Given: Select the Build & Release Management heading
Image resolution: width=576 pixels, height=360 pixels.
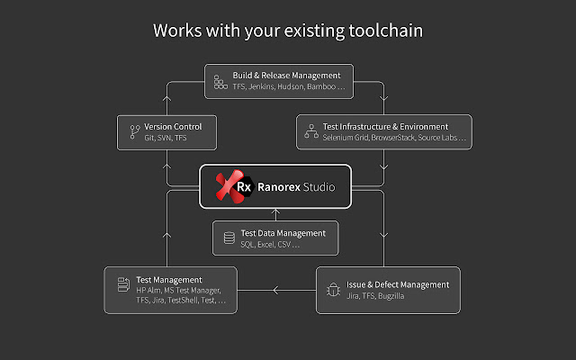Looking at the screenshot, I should click(x=286, y=75).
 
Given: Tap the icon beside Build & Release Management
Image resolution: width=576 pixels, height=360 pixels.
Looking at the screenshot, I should click(x=220, y=81).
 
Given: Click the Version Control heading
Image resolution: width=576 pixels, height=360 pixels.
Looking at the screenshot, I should click(x=173, y=126).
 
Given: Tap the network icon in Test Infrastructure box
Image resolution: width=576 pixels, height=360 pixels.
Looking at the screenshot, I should click(x=310, y=133).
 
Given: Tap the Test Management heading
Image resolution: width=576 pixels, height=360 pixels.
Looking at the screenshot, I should click(x=169, y=280).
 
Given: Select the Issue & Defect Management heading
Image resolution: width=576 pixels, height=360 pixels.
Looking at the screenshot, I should click(x=398, y=284).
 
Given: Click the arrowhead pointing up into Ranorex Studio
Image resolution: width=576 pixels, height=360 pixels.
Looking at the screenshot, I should click(x=275, y=212).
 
